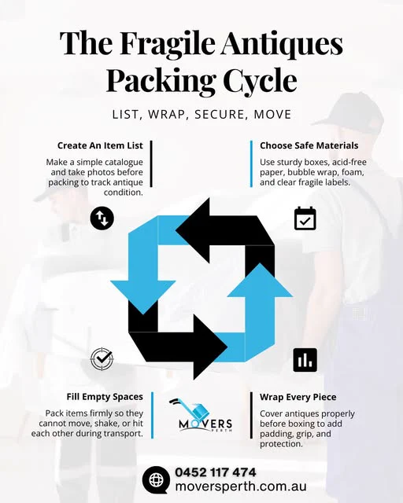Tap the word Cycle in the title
260,80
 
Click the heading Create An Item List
100,145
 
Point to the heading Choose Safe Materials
309,145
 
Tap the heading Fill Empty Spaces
105,397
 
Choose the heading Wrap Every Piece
298,397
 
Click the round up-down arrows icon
102,218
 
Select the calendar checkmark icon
305,218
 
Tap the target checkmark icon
102,358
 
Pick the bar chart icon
305,360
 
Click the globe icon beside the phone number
156,480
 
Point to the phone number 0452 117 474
216,472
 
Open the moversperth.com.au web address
241,486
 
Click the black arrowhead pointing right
211,347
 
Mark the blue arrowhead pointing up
260,280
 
